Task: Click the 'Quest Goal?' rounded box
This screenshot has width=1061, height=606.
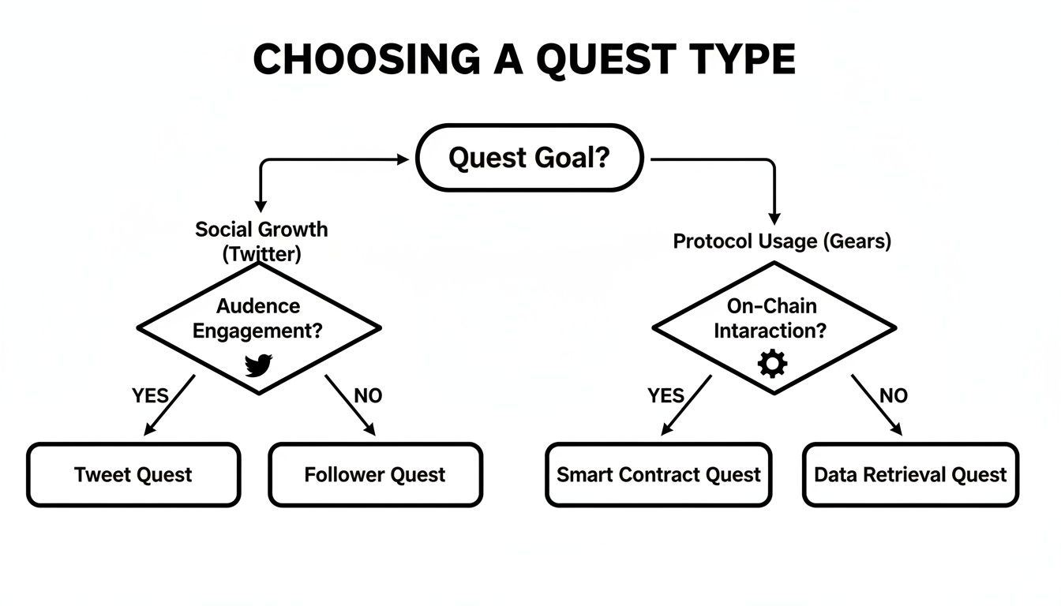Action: [529, 158]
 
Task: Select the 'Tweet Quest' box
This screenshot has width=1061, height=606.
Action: [133, 474]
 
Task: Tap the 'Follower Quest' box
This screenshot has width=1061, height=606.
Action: [375, 474]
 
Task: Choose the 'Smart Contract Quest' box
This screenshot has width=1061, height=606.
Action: [658, 474]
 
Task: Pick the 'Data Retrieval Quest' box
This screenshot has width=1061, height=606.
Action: [910, 474]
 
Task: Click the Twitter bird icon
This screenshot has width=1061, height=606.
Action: [258, 365]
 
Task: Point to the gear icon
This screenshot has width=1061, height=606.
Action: [772, 364]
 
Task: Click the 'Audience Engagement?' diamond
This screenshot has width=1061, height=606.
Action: [259, 319]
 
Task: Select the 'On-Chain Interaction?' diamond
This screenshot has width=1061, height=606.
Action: [774, 319]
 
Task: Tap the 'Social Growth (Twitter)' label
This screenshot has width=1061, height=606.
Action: [261, 241]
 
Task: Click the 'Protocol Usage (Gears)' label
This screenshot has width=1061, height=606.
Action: [782, 241]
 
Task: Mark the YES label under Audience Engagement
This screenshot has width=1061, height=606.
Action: [150, 395]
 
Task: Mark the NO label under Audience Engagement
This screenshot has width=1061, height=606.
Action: [368, 395]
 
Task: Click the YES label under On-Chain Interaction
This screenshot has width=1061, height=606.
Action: [665, 395]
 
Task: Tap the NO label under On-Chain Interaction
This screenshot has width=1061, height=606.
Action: [894, 395]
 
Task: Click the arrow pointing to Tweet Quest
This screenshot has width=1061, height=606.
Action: [169, 405]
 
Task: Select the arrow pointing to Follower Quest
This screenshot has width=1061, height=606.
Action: [350, 405]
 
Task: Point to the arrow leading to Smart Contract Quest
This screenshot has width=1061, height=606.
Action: [686, 405]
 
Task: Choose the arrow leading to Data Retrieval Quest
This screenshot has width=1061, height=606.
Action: [875, 405]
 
